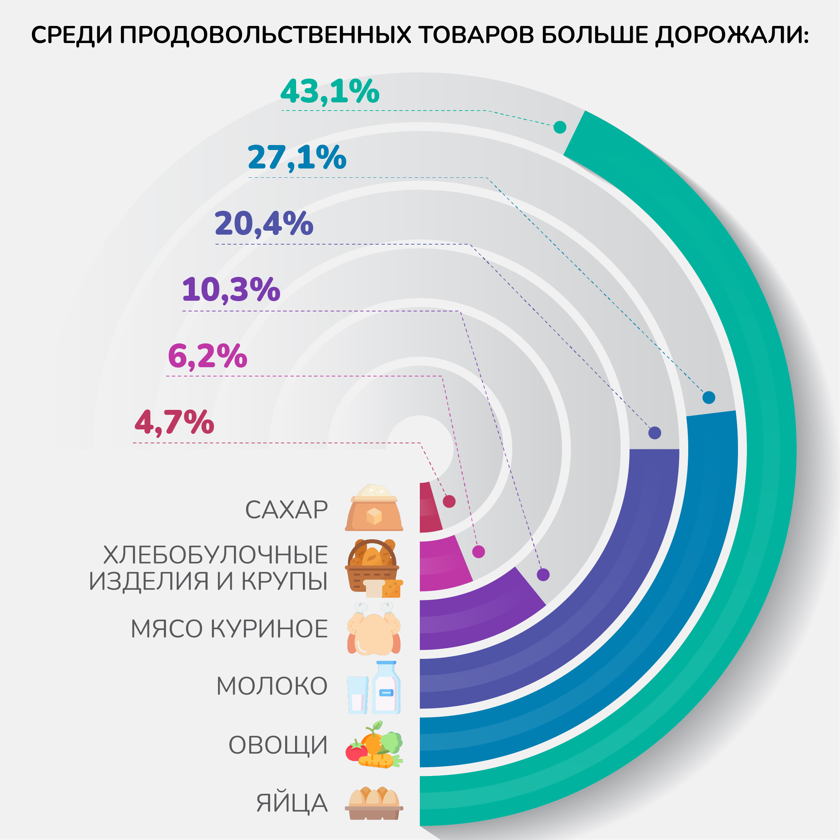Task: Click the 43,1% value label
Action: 330,92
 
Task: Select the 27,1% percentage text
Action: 297,157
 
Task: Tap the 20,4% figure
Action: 264,224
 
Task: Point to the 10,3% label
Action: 231,290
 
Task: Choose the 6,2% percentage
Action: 207,356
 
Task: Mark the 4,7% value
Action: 174,422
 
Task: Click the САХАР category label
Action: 287,510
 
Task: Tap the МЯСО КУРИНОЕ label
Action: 230,629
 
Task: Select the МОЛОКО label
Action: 272,686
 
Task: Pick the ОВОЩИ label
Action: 278,745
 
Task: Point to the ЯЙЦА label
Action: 292,803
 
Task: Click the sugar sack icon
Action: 374,508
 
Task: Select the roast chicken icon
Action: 374,629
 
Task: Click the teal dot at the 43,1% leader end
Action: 560,127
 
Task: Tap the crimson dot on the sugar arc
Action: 449,501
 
